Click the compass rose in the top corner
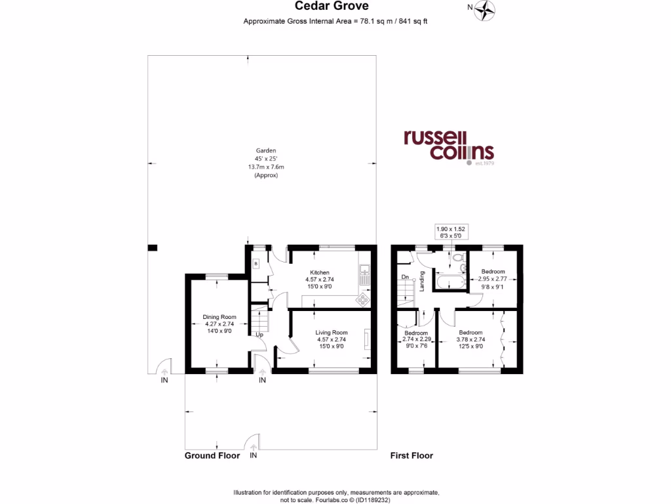tap(486, 9)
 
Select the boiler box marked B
tap(256, 263)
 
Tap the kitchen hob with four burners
tap(361, 299)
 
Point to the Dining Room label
tap(218, 317)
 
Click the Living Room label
tap(331, 332)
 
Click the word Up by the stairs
tap(259, 335)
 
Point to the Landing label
tap(423, 281)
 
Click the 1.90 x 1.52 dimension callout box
tap(455, 232)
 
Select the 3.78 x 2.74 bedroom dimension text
tap(470, 339)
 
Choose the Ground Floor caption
tap(212, 455)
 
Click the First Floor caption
tap(412, 455)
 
